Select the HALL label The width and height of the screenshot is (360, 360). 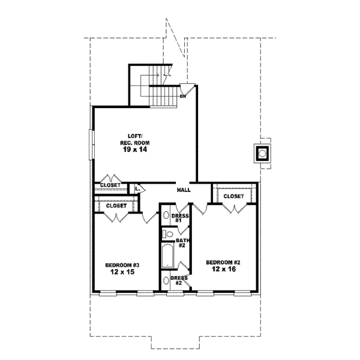tap(184, 190)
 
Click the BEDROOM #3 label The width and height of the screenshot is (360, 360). tap(122, 265)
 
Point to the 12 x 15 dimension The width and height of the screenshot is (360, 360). tap(122, 272)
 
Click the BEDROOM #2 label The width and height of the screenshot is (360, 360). tap(223, 262)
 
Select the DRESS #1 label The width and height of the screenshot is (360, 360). tap(180, 218)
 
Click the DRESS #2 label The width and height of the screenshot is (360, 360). tap(179, 281)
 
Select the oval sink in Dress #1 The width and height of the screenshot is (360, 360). tap(166, 217)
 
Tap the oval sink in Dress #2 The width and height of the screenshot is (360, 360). tap(166, 281)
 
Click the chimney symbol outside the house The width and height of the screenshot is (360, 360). tap(262, 154)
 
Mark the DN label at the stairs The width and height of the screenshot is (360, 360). tap(184, 95)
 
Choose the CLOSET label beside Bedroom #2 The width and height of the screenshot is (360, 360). tap(233, 196)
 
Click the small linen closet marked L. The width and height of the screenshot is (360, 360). tap(137, 188)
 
